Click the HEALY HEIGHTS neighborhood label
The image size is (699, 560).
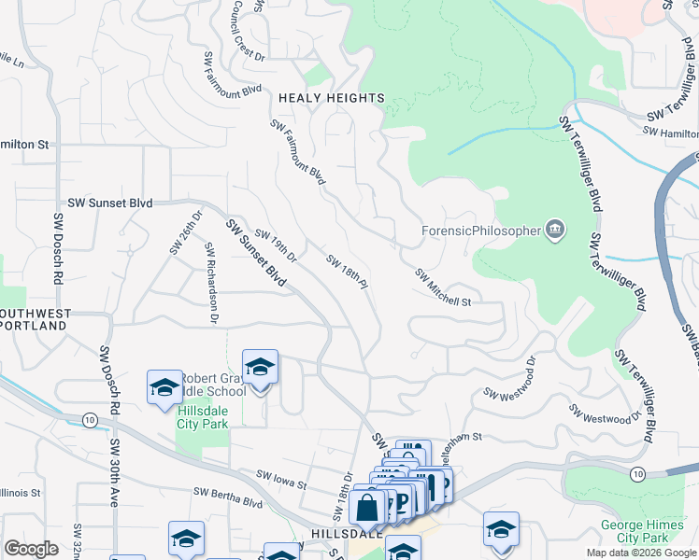pos(331,98)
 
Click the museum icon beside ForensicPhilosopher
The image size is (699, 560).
pos(555,230)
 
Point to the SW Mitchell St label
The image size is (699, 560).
pos(443,287)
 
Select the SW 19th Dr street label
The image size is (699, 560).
pos(276,245)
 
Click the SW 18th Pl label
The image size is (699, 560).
pos(343,272)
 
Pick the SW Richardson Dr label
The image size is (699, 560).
pos(211,285)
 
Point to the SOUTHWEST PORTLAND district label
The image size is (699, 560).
pos(33,319)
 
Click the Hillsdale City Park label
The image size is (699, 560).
pos(202,415)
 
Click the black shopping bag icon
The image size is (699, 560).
pos(367,508)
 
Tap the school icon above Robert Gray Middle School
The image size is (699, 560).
pos(260,367)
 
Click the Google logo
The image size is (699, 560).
pos(31,550)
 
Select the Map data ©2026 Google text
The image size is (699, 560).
pos(640,553)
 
